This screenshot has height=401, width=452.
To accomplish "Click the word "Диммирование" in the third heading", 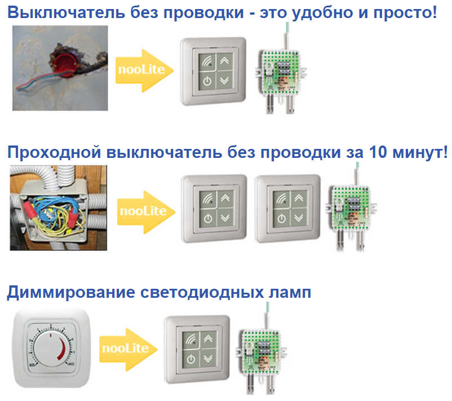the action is click(x=71, y=292).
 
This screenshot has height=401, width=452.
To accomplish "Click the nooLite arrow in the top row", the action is click(x=144, y=70).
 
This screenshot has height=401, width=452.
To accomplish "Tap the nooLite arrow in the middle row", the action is click(x=146, y=212).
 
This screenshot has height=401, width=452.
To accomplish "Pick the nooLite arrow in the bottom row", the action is click(x=128, y=349).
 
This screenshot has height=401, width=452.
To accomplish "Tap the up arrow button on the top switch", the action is click(x=224, y=61).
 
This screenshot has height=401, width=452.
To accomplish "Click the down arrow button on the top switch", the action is click(x=224, y=81).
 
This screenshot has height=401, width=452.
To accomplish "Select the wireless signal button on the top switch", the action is click(x=207, y=61).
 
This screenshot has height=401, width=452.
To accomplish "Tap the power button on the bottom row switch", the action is click(x=191, y=359).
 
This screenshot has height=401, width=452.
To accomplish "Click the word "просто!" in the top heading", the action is click(x=405, y=13).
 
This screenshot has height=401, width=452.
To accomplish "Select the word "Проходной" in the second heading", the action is click(x=54, y=152).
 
